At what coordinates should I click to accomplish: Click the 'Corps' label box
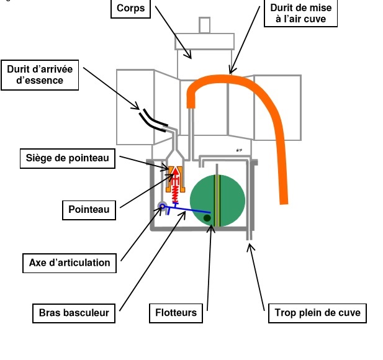(x=132, y=9)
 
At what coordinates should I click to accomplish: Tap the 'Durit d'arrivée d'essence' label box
(x=40, y=74)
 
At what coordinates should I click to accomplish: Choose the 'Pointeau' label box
(x=89, y=209)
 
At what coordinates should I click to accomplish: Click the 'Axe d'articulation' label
(x=70, y=263)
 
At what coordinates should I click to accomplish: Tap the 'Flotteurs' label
(x=176, y=312)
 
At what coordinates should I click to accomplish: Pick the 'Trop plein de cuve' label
(x=317, y=312)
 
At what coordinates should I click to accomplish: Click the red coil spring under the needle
(x=175, y=193)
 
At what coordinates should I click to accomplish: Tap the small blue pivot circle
(x=161, y=207)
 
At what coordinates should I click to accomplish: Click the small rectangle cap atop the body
(x=204, y=25)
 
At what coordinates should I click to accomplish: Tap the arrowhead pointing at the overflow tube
(x=250, y=247)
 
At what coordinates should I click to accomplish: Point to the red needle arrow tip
(x=174, y=169)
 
